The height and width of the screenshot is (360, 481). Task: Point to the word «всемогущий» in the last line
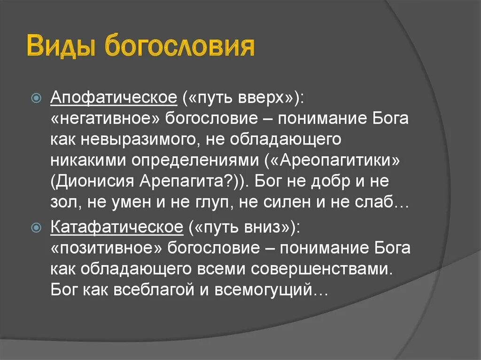tap(264, 291)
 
